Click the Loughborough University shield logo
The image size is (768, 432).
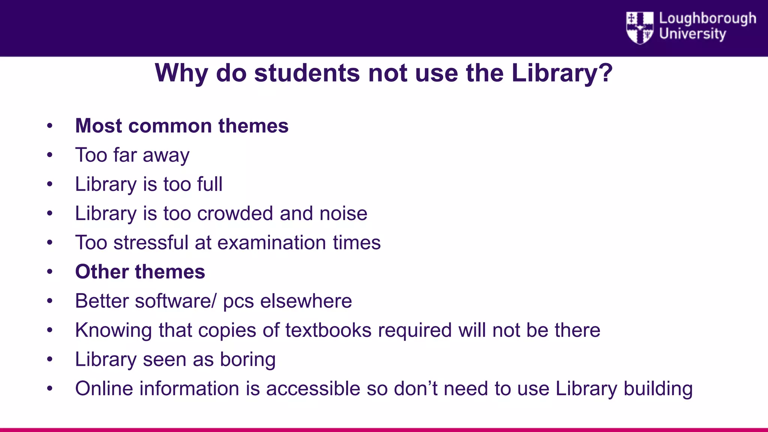click(x=639, y=27)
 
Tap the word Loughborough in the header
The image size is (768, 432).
click(x=707, y=18)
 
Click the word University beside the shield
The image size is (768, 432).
click(x=692, y=34)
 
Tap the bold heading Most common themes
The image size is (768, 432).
click(x=182, y=126)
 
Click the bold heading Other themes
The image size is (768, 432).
click(x=140, y=271)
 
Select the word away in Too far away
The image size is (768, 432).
click(x=166, y=155)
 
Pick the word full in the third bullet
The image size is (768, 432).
click(x=210, y=184)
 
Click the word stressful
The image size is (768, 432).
click(x=151, y=243)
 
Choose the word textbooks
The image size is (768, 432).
click(x=328, y=330)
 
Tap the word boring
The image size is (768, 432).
click(x=247, y=360)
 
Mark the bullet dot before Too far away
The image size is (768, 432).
click(x=49, y=155)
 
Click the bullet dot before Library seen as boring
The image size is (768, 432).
click(x=49, y=359)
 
